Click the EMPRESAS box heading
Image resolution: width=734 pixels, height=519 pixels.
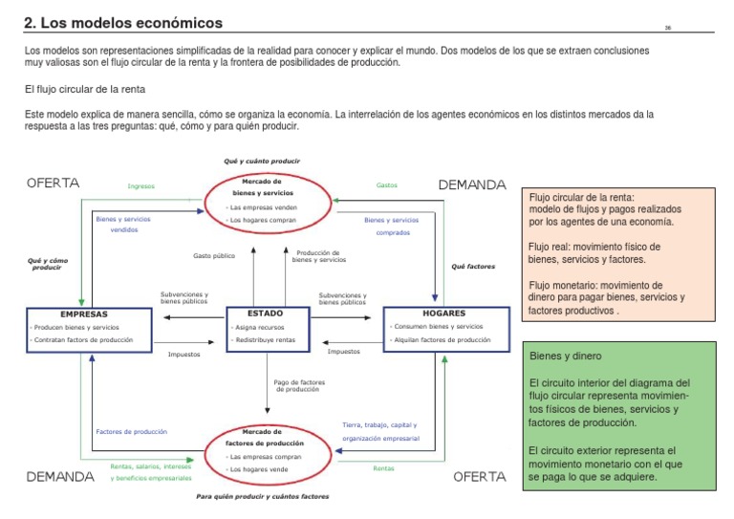[83, 314]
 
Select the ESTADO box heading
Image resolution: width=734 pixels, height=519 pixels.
[265, 313]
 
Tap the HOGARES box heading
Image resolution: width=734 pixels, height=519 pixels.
[443, 313]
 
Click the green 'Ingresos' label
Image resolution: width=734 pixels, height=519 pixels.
[140, 186]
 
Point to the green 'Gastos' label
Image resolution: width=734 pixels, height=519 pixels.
[387, 185]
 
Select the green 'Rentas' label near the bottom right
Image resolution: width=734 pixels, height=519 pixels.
[383, 468]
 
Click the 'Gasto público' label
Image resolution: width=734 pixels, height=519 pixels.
[214, 256]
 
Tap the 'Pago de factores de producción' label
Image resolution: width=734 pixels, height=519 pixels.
[299, 386]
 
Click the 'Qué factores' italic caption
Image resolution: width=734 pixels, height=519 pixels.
[473, 267]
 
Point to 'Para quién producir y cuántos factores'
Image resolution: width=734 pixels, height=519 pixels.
[262, 497]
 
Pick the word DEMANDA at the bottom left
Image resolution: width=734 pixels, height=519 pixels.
[60, 476]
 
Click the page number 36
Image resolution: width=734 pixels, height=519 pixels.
[668, 28]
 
